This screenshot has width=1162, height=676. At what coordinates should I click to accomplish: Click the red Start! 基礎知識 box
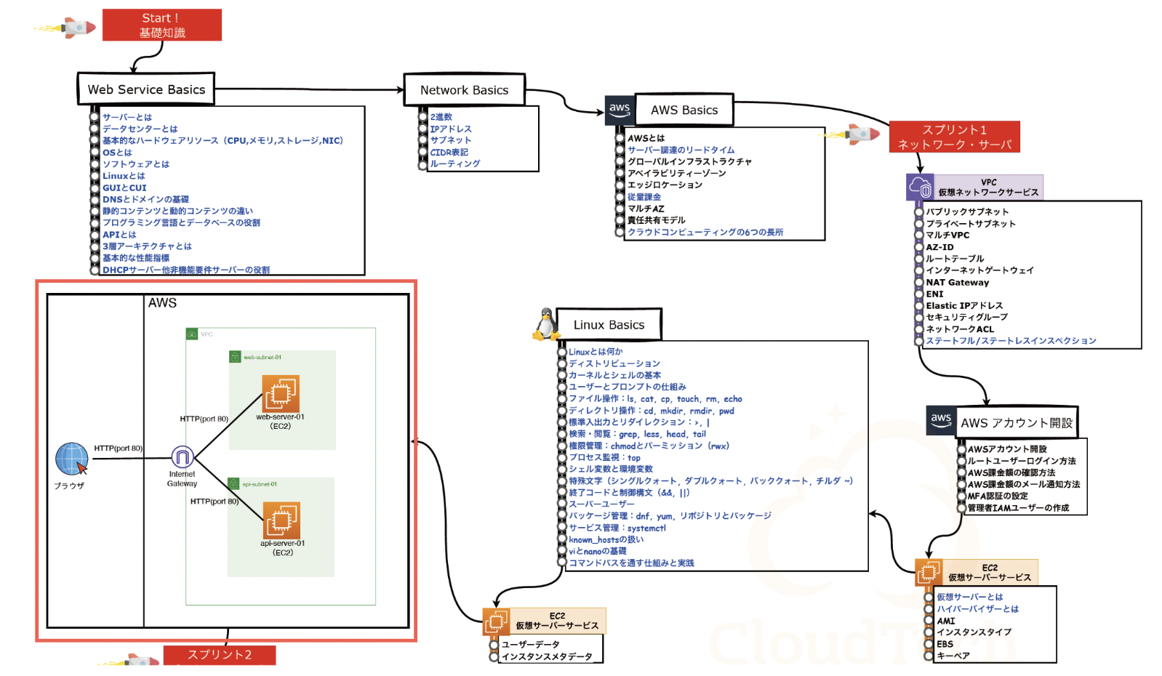click(161, 25)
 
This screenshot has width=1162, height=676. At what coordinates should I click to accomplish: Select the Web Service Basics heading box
click(146, 89)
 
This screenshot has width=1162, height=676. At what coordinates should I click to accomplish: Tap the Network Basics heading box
click(464, 90)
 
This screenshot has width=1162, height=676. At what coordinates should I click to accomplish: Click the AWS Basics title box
click(684, 110)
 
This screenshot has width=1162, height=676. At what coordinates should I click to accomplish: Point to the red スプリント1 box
click(954, 137)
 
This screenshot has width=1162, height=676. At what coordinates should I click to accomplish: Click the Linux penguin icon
click(545, 325)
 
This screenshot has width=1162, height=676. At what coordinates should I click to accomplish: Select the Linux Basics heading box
click(609, 325)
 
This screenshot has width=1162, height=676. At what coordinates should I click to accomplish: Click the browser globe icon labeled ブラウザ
click(71, 459)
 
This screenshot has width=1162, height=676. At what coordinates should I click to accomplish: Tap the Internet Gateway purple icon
click(182, 457)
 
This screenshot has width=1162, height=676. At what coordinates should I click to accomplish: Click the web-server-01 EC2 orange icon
click(280, 394)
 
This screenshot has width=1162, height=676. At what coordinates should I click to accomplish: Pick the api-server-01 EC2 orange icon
click(281, 520)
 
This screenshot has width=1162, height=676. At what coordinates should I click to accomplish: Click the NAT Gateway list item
click(957, 283)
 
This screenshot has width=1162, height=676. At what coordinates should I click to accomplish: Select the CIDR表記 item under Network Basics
click(449, 153)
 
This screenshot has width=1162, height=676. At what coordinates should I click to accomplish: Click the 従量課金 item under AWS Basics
click(644, 197)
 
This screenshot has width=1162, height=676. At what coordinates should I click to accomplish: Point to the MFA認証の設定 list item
click(997, 496)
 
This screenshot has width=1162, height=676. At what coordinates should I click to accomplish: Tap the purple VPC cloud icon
click(920, 187)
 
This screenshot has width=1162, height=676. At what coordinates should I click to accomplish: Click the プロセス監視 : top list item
click(604, 458)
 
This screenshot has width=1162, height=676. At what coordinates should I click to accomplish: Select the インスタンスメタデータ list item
click(546, 657)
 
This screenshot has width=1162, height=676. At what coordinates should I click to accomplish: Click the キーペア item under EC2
click(953, 656)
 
